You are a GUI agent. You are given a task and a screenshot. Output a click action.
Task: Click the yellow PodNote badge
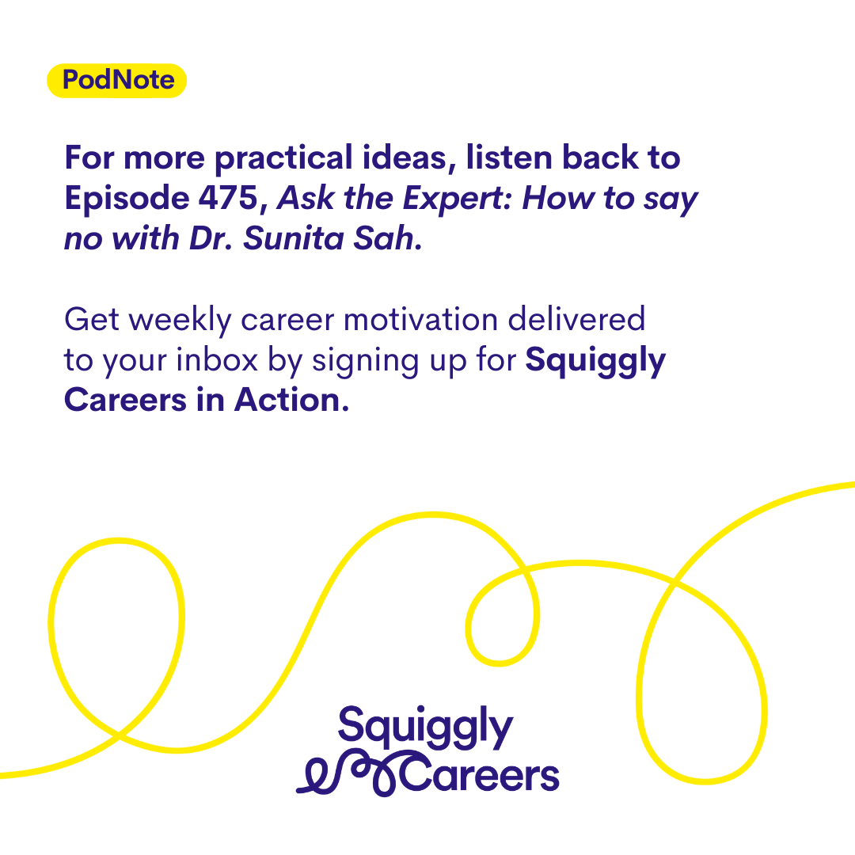(116, 81)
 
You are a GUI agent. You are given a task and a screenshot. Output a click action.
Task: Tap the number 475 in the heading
(228, 197)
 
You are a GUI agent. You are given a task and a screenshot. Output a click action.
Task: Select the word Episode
(127, 199)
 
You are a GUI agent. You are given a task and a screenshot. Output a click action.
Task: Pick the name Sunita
(294, 238)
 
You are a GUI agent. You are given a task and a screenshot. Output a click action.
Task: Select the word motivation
(420, 319)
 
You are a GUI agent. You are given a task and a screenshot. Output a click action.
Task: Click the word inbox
(217, 360)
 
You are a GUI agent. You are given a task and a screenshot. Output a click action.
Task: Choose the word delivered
(576, 319)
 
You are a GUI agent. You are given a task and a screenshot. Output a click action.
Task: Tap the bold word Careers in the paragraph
(125, 401)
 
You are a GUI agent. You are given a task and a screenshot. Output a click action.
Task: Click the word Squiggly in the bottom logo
(425, 728)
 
